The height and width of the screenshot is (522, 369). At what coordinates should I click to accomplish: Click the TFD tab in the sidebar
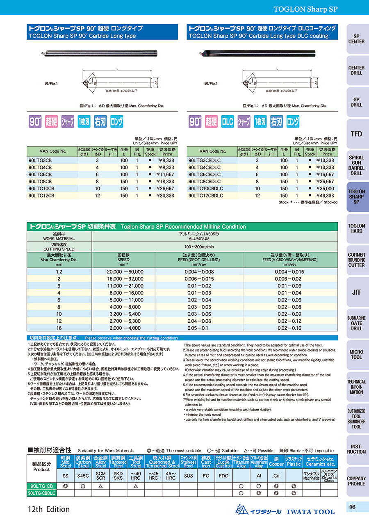coord(356,134)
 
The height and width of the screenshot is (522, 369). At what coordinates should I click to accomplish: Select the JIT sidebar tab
coord(356,292)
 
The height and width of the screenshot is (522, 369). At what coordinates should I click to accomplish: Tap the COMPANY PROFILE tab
coord(356,481)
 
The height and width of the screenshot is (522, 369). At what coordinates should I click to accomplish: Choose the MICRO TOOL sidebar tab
coord(356,355)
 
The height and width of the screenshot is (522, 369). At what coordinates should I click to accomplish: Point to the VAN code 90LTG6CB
coord(40,174)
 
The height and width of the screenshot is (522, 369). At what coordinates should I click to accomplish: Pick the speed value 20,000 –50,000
coord(123,272)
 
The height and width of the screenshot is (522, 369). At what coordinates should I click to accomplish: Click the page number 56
coord(352,507)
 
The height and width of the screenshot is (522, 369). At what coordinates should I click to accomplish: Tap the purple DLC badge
coord(228,121)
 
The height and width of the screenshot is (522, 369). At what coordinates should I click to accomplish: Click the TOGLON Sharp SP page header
coord(305,9)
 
